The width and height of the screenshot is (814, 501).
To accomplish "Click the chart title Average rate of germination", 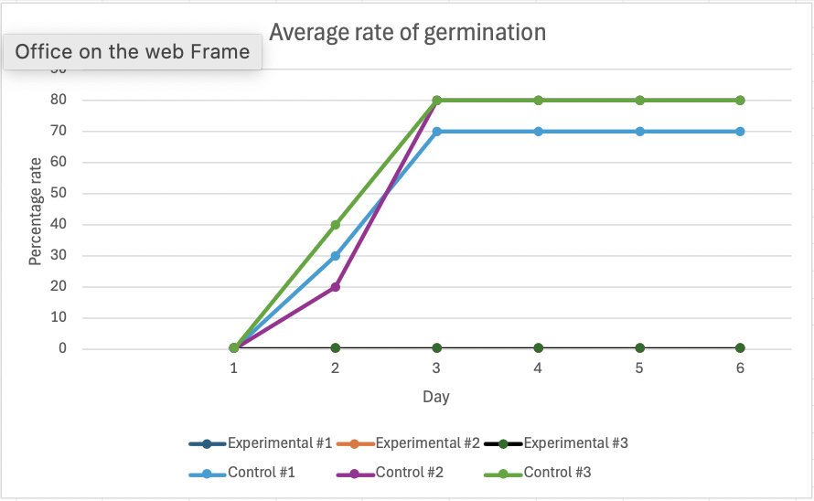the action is pos(408,33).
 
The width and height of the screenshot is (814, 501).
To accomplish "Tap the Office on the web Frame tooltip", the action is pos(133,52).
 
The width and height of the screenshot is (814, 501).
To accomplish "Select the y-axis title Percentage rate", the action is pos(35,211).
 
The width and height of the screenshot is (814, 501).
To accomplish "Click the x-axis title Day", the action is pos(436,397).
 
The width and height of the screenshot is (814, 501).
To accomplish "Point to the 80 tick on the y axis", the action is pos(59,100).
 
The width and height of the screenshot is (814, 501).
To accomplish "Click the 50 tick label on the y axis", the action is pos(59,193).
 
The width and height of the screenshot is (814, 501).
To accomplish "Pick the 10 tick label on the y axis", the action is pos(59,317).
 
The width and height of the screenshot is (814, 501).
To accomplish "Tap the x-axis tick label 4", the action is pos(538,368).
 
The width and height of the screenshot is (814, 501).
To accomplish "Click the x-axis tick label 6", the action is pos(740,368).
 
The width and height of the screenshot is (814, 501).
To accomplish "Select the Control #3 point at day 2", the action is pos(336,225).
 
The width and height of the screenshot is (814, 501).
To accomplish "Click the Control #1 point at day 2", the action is pos(336,256).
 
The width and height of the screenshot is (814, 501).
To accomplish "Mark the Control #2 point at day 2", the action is pos(336,286).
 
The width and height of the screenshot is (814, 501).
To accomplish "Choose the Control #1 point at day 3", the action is pos(436,132).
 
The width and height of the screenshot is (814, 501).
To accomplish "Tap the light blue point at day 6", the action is pos(740,132).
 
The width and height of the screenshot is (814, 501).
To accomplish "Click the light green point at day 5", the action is pos(639,101).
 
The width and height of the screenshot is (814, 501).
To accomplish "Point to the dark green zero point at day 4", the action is pos(539,347).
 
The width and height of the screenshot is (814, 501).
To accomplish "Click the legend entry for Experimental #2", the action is pos(408,443).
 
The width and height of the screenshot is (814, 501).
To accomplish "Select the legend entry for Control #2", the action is pos(390,473).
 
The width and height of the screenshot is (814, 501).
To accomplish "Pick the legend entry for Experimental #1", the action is pos(261,443).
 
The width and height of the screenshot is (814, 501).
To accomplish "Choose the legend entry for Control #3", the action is pos(537,473).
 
